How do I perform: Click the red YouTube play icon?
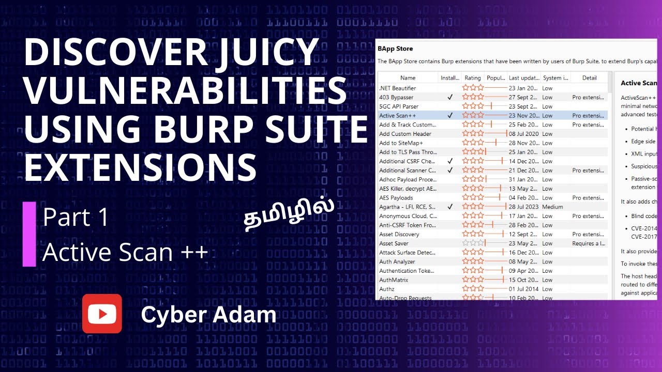coord(102,314)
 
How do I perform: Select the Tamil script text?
coord(289,213)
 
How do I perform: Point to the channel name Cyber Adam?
coord(208,315)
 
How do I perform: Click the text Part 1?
coord(76,218)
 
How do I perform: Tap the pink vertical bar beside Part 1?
coord(29,234)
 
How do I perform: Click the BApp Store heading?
coord(395,49)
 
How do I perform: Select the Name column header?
coord(408,78)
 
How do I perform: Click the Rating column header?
coord(473,78)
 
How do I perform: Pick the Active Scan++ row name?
coord(397,116)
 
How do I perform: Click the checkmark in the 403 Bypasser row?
coord(450,97)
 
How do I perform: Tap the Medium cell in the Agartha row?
coord(552,207)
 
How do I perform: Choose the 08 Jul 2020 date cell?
coord(524,134)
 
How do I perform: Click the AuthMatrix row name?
coord(394,280)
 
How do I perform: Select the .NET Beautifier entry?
coord(397,88)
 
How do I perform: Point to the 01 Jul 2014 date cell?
coord(523,289)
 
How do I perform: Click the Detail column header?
coord(589,78)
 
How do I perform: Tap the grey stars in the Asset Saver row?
coord(473,243)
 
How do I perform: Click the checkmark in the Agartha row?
coord(450,207)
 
